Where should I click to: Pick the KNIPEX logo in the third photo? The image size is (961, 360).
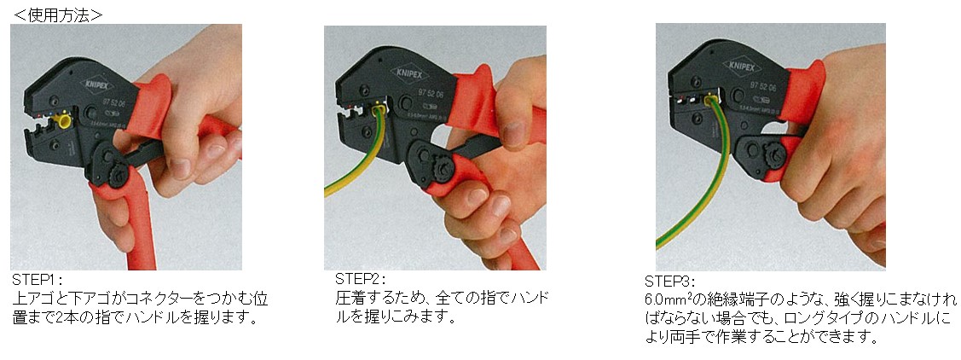pos(741,66)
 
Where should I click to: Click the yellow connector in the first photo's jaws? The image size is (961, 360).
pos(61,119)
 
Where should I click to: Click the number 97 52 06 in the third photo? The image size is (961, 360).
pos(765,88)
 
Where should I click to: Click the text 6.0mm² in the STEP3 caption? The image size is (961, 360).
pos(668,300)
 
